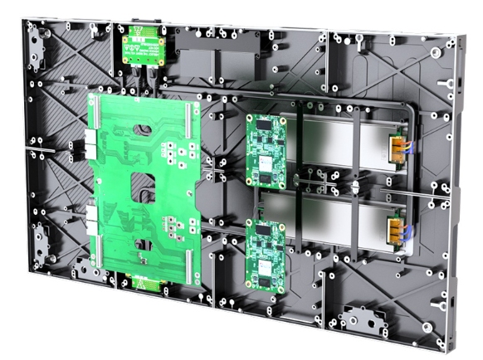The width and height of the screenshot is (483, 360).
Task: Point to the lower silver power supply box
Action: [x=332, y=220]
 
